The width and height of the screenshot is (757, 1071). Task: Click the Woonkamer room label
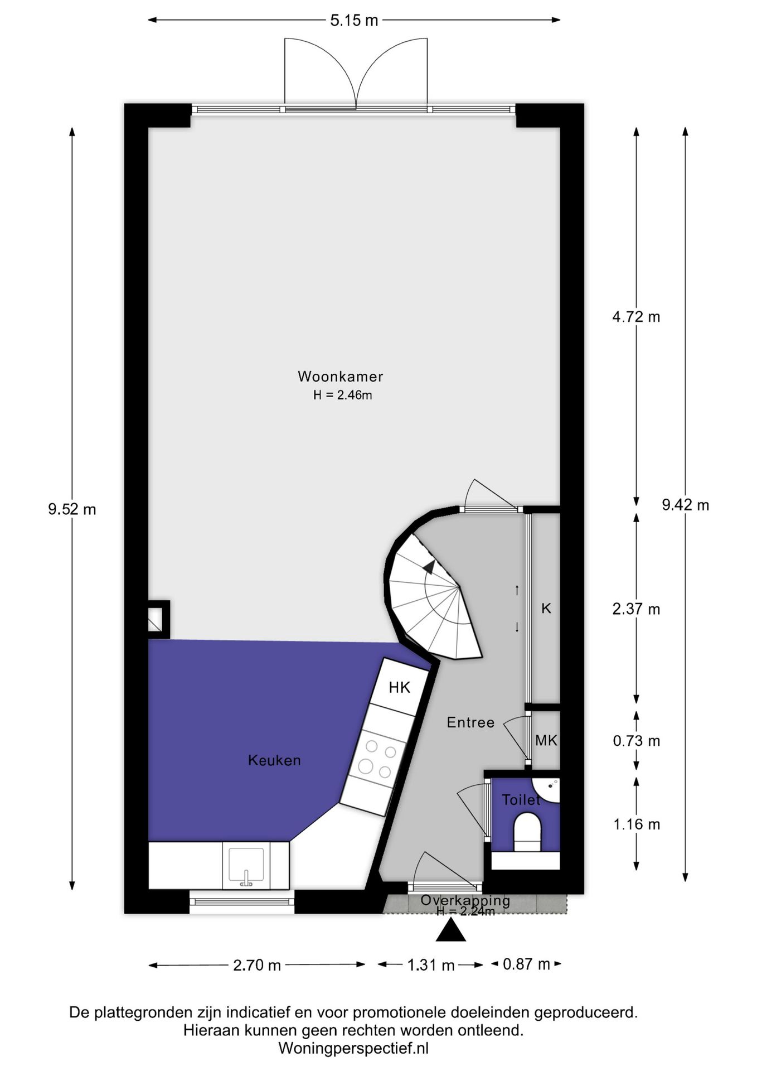[x=340, y=376]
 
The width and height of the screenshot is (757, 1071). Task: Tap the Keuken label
[x=274, y=760]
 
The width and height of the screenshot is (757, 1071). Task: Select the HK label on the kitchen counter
[x=399, y=687]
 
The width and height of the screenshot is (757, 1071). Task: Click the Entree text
[x=470, y=722]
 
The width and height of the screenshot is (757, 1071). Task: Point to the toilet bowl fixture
[x=527, y=832]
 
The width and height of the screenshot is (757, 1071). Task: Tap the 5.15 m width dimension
[x=354, y=21]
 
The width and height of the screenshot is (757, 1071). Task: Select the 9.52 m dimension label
[x=72, y=509]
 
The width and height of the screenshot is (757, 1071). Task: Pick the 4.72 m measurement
[x=636, y=317]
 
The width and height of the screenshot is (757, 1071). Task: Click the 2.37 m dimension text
[x=636, y=609]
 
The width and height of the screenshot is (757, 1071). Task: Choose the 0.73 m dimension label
[x=636, y=741]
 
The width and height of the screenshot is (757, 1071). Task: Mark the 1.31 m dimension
[x=431, y=965]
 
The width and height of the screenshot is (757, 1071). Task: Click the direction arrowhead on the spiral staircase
[x=429, y=567]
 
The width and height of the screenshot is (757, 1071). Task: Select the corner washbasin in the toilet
[x=547, y=789]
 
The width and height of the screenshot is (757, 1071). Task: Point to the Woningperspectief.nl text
[x=353, y=1049]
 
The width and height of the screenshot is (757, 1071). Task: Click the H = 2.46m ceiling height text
[x=342, y=395]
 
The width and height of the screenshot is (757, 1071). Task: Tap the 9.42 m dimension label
[x=685, y=505]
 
